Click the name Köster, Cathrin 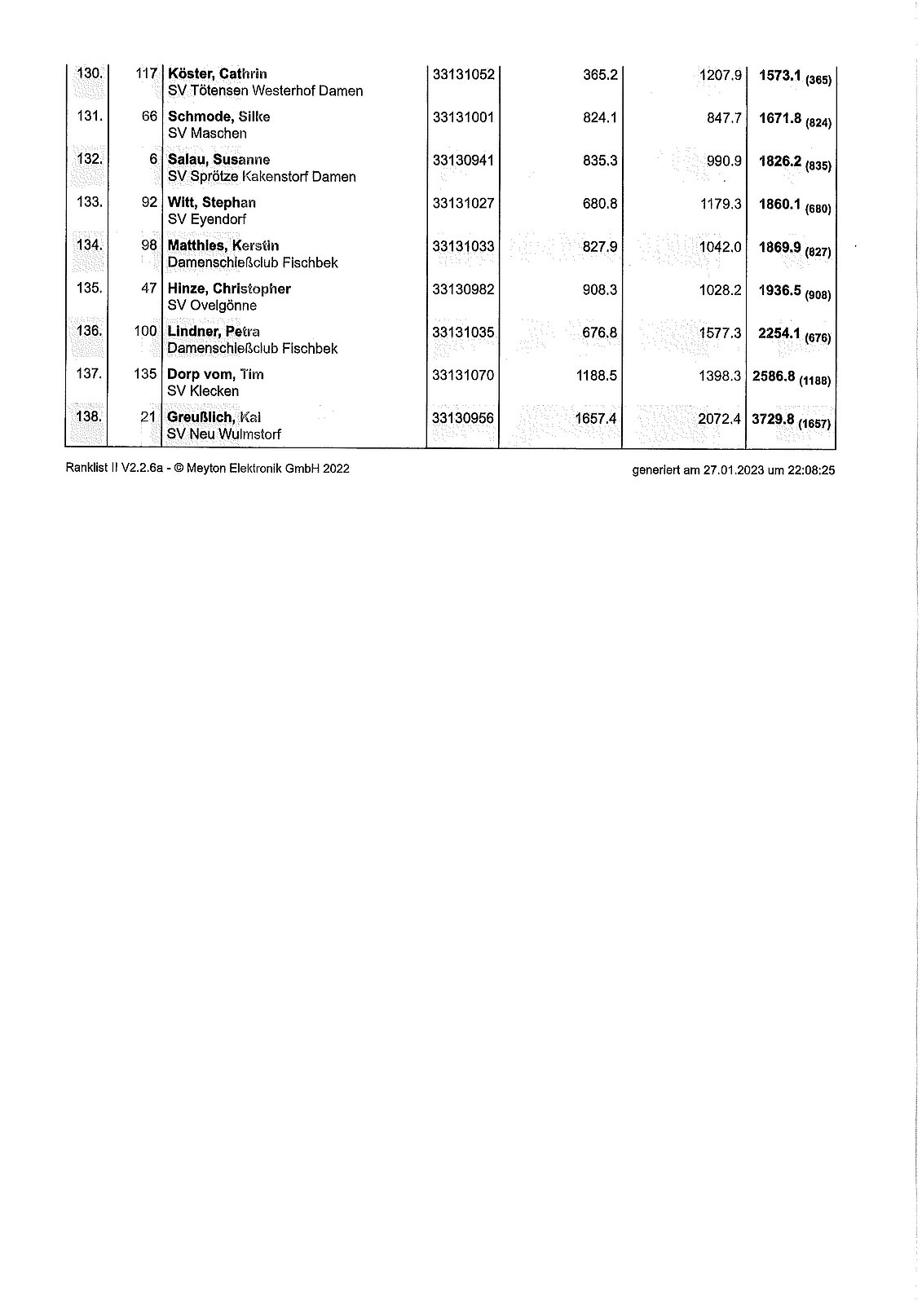(x=217, y=74)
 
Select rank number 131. (x=89, y=117)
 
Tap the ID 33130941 (x=463, y=161)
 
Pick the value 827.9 (x=600, y=247)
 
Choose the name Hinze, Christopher (x=229, y=289)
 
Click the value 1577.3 (x=721, y=333)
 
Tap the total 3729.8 (x=773, y=419)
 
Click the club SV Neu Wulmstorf (x=224, y=434)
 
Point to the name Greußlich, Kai (x=214, y=417)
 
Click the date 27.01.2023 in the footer (x=734, y=469)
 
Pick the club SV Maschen (x=207, y=133)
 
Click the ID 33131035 (x=463, y=333)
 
